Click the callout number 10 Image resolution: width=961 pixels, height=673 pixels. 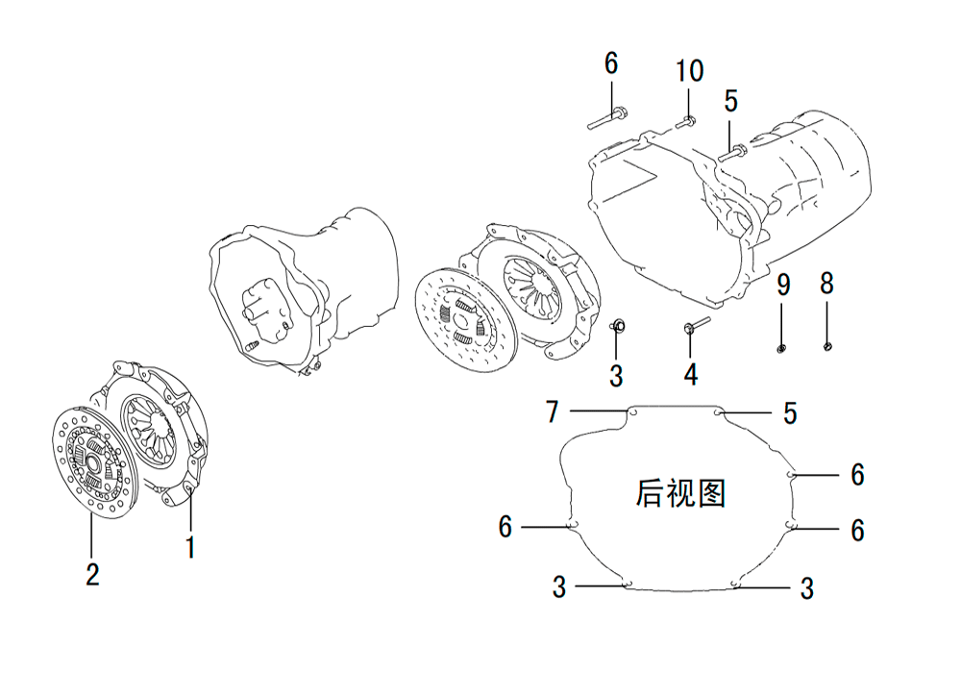(x=689, y=71)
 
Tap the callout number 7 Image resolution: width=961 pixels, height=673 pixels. (x=553, y=411)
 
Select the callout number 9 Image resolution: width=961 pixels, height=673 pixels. (x=784, y=285)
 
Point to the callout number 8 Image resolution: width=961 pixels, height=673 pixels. (x=826, y=284)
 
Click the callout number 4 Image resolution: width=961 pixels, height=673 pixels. (x=691, y=374)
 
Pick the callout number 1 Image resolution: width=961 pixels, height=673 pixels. (x=191, y=547)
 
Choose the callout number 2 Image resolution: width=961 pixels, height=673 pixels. (x=92, y=574)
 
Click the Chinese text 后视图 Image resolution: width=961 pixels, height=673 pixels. (x=680, y=493)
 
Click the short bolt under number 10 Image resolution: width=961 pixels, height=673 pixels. (x=686, y=122)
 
